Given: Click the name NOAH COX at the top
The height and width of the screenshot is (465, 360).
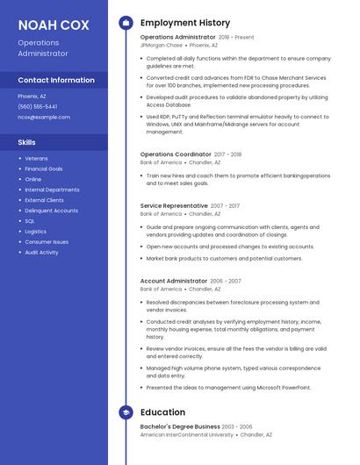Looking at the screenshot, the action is tap(54, 25).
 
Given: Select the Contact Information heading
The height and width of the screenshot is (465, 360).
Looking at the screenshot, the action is tap(56, 80).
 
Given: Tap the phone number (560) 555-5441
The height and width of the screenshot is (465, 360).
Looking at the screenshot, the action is tap(37, 106).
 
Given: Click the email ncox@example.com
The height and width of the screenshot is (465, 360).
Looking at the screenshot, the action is tap(43, 116).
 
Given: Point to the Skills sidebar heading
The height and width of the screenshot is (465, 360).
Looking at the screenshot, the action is tap(27, 141).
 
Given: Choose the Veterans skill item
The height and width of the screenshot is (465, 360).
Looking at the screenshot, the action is tap(36, 158).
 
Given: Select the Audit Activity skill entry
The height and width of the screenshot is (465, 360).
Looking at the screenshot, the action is tap(41, 253).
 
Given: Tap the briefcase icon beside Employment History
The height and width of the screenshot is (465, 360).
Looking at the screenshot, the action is tap(126, 22).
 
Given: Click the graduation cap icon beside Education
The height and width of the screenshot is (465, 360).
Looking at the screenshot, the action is tap(126, 411).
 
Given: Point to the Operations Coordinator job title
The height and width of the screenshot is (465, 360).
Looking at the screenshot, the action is tap(176, 154).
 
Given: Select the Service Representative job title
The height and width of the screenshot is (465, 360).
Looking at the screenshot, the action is tap(174, 205).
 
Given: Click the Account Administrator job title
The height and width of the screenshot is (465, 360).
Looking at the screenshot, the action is tap(174, 281).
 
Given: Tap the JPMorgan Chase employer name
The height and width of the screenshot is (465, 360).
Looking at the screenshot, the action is tap(162, 45).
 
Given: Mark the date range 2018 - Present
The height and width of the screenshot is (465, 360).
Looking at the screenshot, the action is tap(236, 38).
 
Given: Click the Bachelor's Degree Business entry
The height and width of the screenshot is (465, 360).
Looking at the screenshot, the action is tap(180, 426).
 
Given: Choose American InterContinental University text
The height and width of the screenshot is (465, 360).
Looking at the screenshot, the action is tap(186, 434).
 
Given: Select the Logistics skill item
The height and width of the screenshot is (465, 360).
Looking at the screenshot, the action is tap(36, 232).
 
